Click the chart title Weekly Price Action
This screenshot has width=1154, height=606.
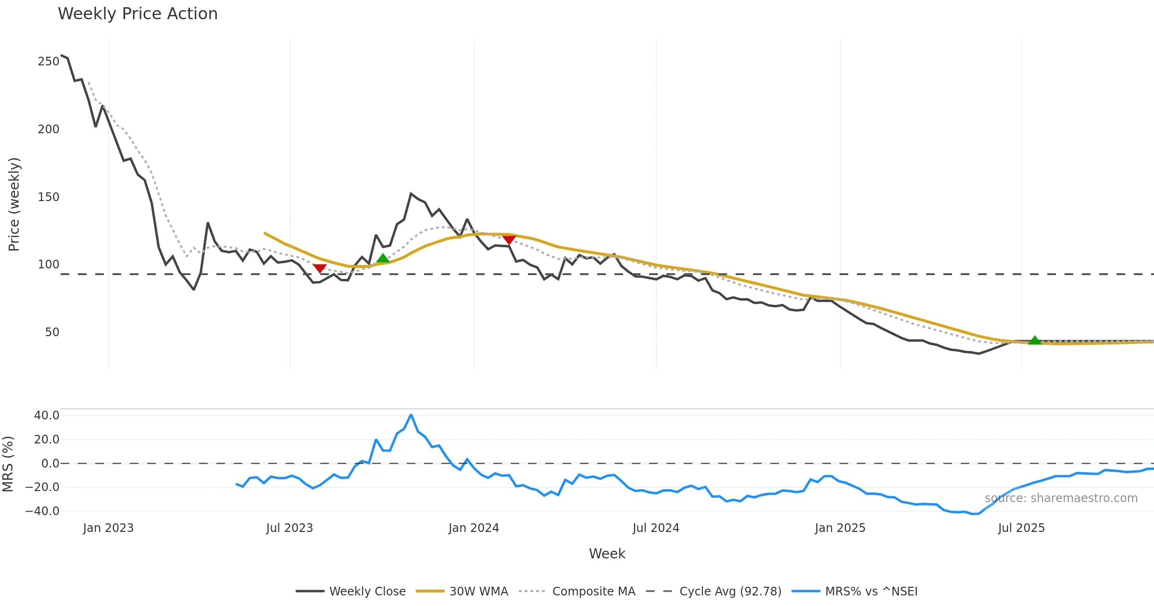[138, 14]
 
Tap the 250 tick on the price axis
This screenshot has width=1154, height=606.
[48, 62]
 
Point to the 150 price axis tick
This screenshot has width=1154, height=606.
[48, 197]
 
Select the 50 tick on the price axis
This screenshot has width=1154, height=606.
[52, 332]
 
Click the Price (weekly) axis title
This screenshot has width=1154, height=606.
[14, 204]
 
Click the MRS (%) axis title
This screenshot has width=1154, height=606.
[8, 464]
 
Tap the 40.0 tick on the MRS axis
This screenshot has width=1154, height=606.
[46, 416]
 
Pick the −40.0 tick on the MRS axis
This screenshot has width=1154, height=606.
[42, 511]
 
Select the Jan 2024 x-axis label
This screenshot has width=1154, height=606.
[474, 528]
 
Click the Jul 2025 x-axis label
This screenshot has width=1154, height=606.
[1021, 528]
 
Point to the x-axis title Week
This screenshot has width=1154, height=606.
[607, 554]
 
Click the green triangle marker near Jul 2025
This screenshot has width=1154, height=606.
[1034, 341]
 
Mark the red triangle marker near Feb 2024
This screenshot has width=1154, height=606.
[509, 240]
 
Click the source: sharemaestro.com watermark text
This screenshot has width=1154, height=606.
[1061, 498]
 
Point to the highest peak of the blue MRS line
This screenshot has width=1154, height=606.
[411, 415]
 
